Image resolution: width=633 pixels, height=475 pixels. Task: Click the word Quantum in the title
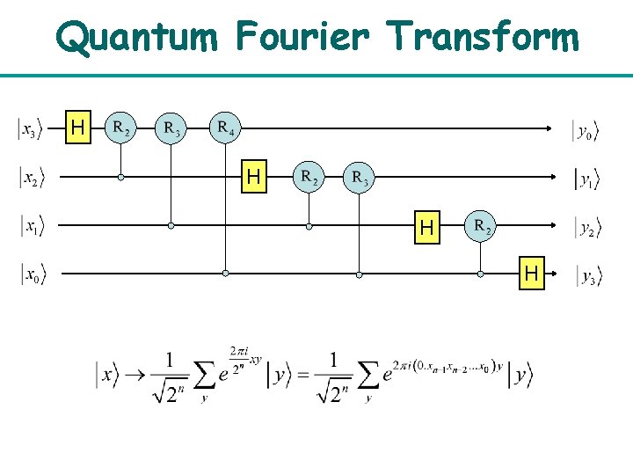coord(137,37)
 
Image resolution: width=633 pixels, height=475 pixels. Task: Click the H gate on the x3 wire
coord(77,128)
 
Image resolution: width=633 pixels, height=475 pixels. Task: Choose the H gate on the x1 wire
coord(427,228)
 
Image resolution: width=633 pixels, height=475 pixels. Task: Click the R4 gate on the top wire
coord(225,128)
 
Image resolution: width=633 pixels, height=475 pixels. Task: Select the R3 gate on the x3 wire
coord(171,128)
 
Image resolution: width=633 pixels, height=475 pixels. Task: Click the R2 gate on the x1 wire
coord(482,226)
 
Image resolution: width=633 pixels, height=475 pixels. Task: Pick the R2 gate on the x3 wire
coord(121,128)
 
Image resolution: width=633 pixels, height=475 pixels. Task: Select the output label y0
coord(586,131)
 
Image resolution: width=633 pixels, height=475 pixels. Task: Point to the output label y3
coord(586,277)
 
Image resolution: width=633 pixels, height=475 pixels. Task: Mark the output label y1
coord(586,180)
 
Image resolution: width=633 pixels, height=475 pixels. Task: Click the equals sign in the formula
coord(304,376)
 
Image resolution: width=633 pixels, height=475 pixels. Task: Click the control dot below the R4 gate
coord(226,274)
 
